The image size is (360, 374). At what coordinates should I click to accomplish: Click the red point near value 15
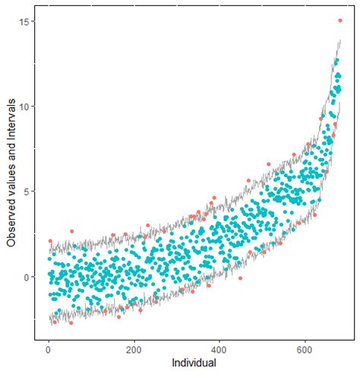click(x=339, y=21)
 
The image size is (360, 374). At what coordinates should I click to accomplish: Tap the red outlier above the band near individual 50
click(x=71, y=231)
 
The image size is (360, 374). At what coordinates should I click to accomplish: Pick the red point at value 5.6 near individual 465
click(x=248, y=181)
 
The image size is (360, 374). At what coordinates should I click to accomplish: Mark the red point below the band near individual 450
click(x=240, y=279)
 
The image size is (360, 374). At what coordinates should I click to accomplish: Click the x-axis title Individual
click(x=194, y=363)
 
